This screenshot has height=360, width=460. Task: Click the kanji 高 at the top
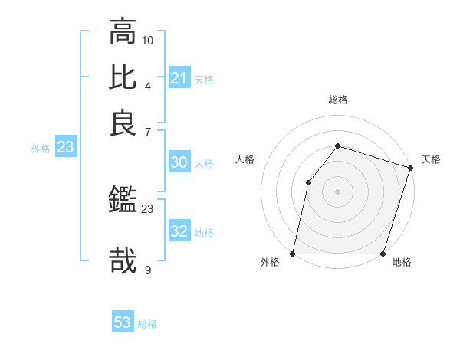click(x=123, y=32)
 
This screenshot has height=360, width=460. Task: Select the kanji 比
click(x=123, y=77)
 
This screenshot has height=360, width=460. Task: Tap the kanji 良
click(x=123, y=123)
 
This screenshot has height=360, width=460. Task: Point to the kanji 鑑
click(x=123, y=201)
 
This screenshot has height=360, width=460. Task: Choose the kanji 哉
click(x=123, y=260)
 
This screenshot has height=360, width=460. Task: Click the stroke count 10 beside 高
click(x=148, y=40)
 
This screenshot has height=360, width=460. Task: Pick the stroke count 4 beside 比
click(x=148, y=85)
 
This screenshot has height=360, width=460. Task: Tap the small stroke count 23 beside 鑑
click(x=148, y=208)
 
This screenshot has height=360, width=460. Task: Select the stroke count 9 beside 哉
click(x=148, y=269)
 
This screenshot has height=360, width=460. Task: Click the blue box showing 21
click(x=179, y=77)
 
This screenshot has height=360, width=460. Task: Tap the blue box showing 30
click(x=179, y=162)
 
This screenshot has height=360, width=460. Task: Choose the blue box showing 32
click(x=179, y=232)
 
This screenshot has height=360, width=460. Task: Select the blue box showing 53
click(x=123, y=322)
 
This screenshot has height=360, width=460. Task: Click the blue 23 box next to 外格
click(x=64, y=148)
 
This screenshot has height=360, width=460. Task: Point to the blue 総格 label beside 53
click(x=147, y=324)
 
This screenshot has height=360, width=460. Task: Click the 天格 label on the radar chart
click(x=431, y=159)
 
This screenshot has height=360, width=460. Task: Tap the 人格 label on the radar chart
click(x=245, y=159)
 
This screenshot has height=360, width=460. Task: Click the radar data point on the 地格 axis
click(x=383, y=254)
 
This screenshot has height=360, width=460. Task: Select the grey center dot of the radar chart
click(x=337, y=191)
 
